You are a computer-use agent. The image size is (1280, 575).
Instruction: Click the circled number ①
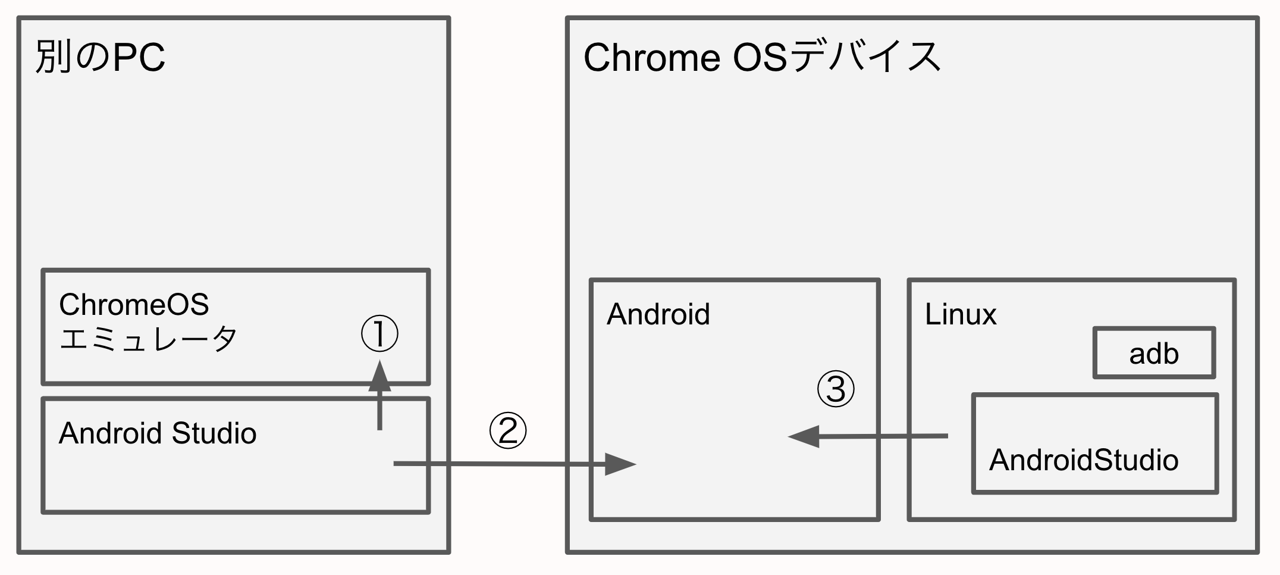click(379, 333)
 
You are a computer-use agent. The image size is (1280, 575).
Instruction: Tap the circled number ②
click(507, 431)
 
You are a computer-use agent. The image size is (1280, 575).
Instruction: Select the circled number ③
click(836, 389)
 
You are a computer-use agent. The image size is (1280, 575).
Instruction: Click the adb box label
click(1154, 354)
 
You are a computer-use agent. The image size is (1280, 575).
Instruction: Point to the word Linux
click(960, 314)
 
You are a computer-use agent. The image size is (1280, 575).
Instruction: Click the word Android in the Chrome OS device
click(658, 314)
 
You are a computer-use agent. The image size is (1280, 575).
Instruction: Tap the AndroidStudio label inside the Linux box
click(1083, 460)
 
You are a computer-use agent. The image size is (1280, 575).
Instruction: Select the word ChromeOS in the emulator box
click(134, 305)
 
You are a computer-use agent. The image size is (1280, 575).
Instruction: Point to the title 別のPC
click(100, 58)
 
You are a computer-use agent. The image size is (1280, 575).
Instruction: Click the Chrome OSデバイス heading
click(762, 58)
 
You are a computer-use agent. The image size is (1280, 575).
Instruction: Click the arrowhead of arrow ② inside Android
click(620, 464)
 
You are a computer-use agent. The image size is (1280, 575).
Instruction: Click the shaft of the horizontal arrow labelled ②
click(500, 463)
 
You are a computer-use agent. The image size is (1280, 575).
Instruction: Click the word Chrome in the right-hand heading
click(652, 58)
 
